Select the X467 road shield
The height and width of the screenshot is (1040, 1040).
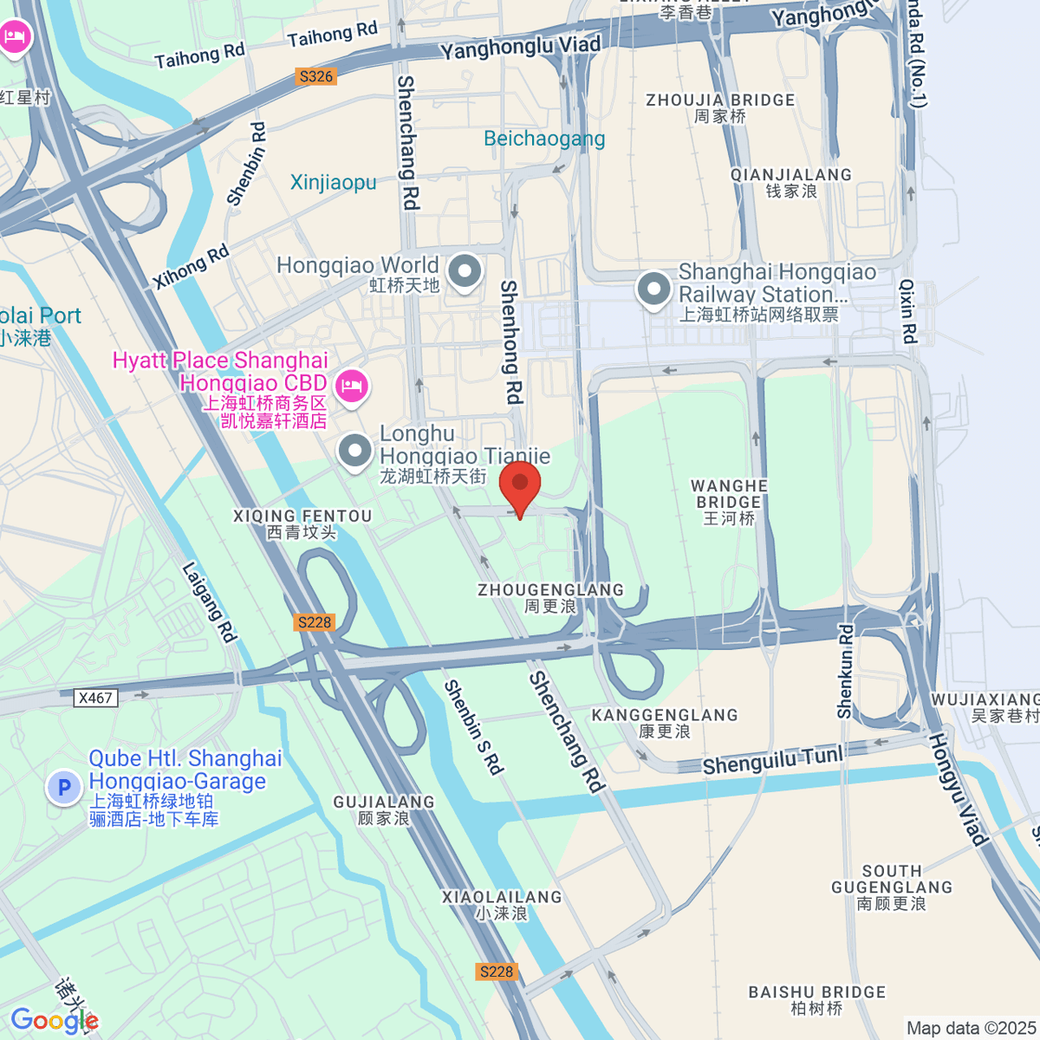point(95,698)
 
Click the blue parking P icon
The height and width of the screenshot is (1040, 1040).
point(63,788)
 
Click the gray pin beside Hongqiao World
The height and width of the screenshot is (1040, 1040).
point(465,272)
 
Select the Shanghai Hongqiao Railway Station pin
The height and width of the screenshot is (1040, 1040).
point(653,290)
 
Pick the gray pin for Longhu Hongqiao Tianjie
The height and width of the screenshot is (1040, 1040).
point(354,451)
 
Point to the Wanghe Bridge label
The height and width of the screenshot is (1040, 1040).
point(729,502)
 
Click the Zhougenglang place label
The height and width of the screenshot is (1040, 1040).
point(550,598)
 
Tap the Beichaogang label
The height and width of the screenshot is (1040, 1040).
point(544,139)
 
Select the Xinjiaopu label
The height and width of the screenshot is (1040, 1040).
point(334,182)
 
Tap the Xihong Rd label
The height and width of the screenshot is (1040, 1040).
point(191,267)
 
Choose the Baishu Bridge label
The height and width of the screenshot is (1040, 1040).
point(817,999)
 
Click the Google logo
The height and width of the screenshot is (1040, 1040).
point(54,1020)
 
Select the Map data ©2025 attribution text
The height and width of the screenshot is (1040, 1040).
point(971,1028)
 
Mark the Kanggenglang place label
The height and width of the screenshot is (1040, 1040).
point(665,723)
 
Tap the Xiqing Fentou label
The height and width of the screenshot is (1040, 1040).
point(302,523)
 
